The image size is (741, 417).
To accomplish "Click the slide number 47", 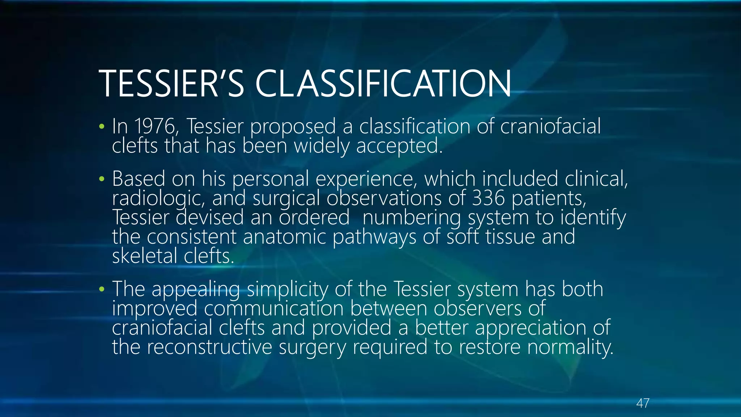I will pyautogui.click(x=643, y=403).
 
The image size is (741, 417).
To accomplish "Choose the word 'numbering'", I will pyautogui.click(x=412, y=218).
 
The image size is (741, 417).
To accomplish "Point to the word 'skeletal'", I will pyautogui.click(x=144, y=256).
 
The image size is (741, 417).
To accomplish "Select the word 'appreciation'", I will pyautogui.click(x=530, y=328).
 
